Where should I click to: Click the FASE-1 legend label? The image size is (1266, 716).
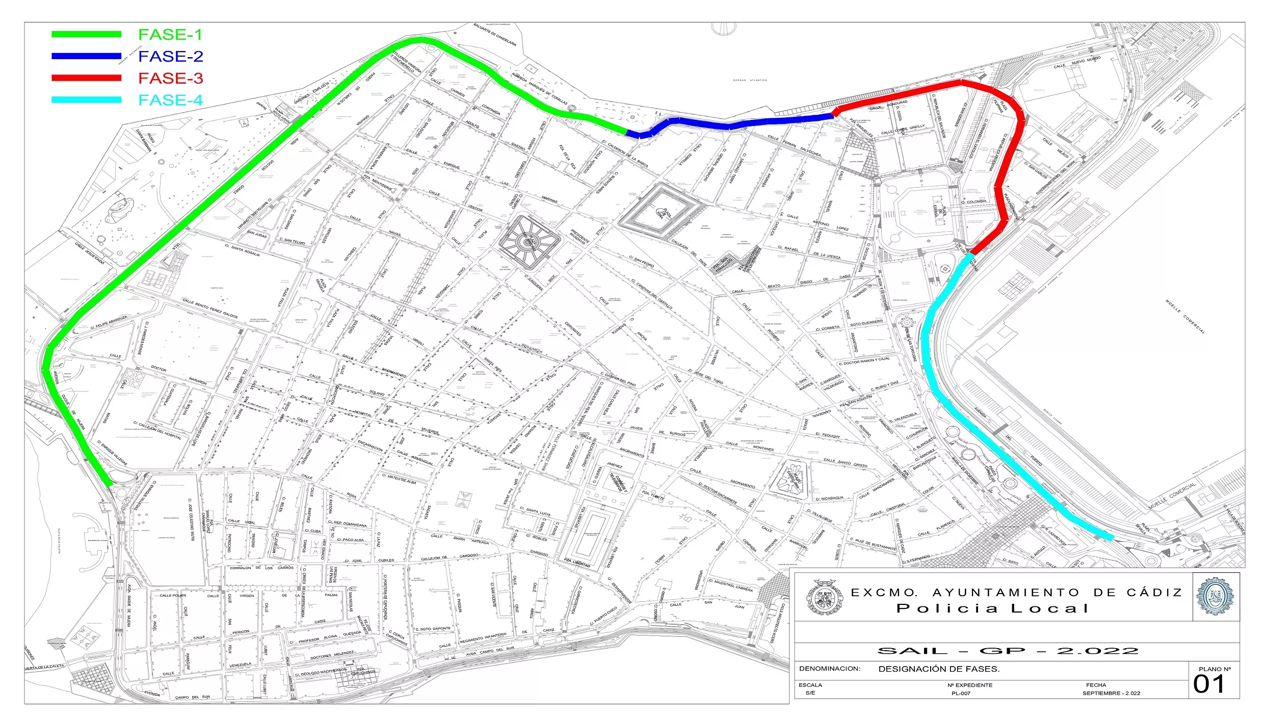[170, 35]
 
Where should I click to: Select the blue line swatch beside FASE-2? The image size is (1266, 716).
[86, 56]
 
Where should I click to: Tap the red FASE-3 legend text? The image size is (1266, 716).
[170, 78]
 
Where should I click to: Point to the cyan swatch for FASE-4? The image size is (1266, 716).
[86, 100]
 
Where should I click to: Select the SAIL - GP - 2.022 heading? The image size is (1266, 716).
[1008, 651]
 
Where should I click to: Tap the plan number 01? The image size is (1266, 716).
[1208, 684]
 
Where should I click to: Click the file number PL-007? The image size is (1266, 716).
[961, 693]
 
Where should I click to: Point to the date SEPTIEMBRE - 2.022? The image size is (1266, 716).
[1111, 693]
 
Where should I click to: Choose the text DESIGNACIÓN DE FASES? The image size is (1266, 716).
[939, 669]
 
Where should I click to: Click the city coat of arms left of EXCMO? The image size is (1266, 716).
[824, 597]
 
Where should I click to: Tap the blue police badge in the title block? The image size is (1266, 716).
[1216, 596]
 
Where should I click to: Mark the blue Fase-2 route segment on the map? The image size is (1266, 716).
[729, 123]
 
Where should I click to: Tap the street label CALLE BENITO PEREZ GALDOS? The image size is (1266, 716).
[210, 308]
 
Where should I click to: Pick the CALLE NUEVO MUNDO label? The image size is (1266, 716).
[1077, 62]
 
